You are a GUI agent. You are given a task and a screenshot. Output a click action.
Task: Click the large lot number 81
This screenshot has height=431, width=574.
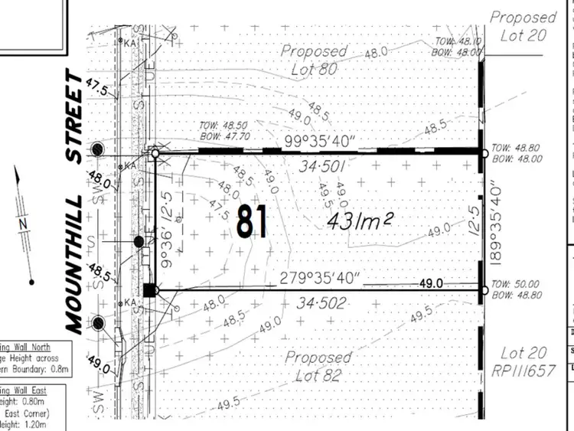point(253,222)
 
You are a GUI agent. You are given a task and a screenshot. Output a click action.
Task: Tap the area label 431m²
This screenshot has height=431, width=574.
point(360,221)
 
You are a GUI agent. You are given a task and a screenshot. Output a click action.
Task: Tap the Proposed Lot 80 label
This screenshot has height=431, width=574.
point(313,58)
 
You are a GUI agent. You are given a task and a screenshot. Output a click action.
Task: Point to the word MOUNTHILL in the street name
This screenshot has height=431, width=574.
point(73,257)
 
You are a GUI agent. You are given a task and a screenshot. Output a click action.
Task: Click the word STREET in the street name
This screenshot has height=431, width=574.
point(73,116)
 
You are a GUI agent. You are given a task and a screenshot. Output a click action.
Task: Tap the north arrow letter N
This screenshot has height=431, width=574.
point(23,223)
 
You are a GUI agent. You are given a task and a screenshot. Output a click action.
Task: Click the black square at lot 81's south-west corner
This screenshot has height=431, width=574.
point(151,289)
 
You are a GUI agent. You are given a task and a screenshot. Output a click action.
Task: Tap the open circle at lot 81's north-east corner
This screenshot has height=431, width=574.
point(484,154)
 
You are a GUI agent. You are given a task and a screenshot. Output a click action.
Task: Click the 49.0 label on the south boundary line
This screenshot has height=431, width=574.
point(432,283)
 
